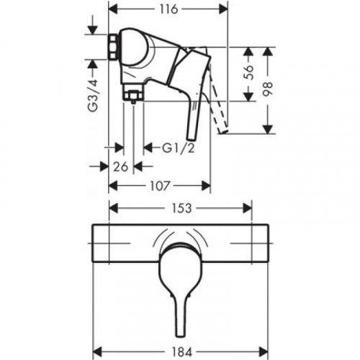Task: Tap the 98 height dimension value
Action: click(x=269, y=91)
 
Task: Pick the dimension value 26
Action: click(x=122, y=167)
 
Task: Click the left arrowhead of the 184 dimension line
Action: click(x=96, y=337)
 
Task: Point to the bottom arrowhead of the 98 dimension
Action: click(x=269, y=131)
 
